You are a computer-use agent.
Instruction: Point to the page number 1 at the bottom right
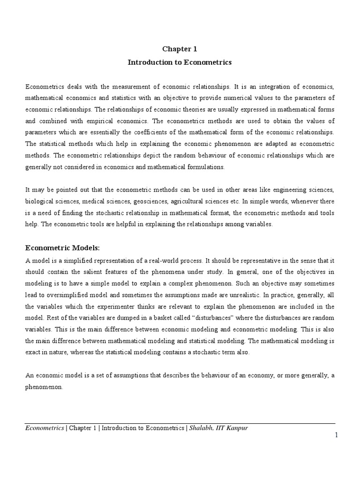336,435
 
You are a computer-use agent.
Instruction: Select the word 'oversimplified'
67,295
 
